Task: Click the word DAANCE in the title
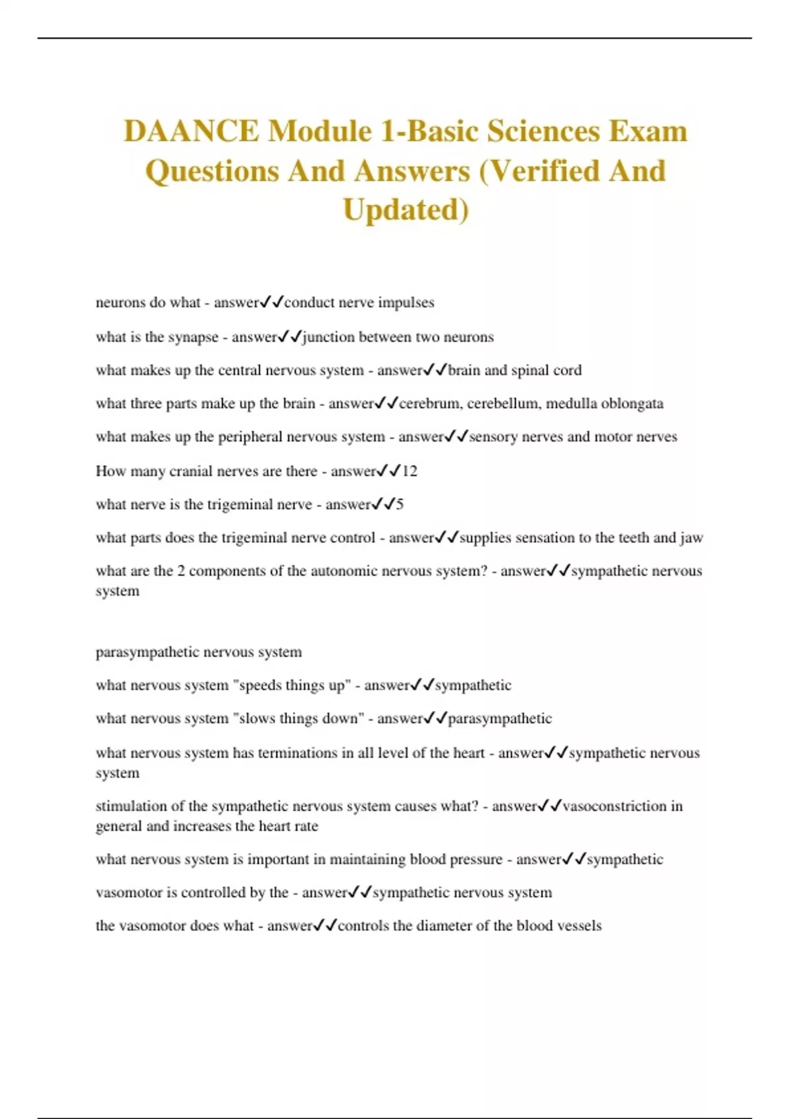[x=191, y=131]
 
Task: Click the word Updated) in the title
[x=406, y=210]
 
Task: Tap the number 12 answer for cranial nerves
[x=409, y=471]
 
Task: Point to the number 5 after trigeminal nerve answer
[x=400, y=505]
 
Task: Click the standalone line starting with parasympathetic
[x=198, y=652]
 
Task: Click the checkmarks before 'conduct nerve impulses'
[x=271, y=303]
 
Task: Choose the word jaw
[x=691, y=538]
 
